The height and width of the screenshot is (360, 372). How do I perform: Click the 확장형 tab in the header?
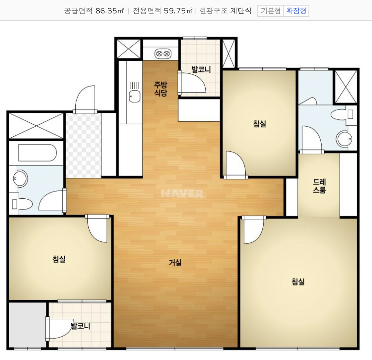point(296,11)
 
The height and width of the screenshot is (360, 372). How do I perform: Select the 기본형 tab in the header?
point(270,11)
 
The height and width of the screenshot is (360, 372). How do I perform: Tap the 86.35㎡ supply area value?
point(110,11)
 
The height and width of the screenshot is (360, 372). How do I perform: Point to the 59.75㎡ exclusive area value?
point(178,11)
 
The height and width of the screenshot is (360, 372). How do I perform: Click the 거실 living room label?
point(175,262)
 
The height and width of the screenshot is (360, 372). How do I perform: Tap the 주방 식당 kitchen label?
point(160,89)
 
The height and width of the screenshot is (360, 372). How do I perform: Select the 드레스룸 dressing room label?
point(319,186)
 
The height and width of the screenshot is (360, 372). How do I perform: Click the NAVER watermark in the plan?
point(182,193)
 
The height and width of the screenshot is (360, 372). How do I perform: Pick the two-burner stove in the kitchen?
point(163,54)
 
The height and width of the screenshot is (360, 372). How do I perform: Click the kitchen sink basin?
point(135,96)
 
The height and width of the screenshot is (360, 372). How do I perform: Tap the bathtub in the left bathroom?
point(37,152)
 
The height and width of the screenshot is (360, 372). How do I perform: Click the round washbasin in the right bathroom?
point(344,139)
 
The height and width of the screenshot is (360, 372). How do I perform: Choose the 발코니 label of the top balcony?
point(201,69)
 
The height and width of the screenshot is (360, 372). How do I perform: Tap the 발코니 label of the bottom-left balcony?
point(81,326)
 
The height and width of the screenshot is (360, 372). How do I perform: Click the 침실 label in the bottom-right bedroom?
point(298,282)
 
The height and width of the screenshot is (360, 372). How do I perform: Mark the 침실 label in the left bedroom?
point(59,259)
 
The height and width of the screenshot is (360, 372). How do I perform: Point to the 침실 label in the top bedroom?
point(259,124)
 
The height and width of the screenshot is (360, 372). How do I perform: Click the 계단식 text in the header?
point(241,11)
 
